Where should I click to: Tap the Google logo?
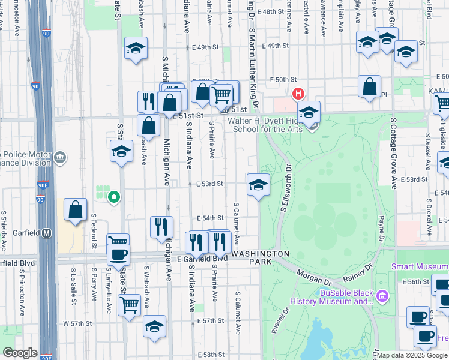20,353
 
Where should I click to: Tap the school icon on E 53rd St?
258,185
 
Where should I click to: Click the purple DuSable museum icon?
382,295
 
